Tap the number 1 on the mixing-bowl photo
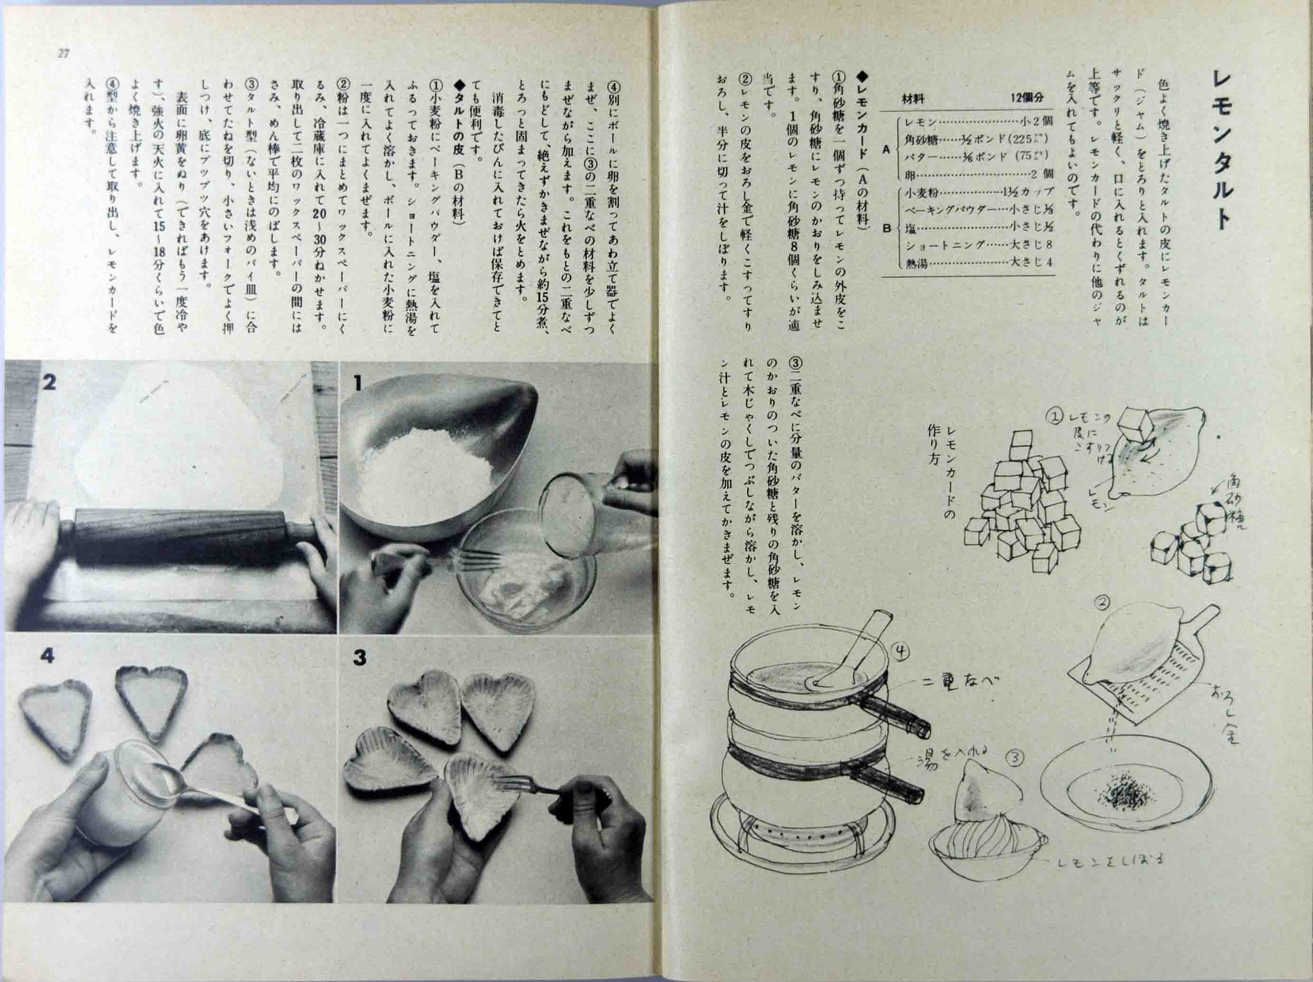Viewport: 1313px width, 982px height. [357, 384]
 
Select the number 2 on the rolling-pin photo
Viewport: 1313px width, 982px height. [49, 382]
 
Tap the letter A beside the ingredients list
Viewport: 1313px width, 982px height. [886, 149]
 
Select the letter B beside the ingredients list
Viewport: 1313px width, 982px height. [887, 228]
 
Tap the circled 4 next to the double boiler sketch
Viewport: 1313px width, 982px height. [900, 652]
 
